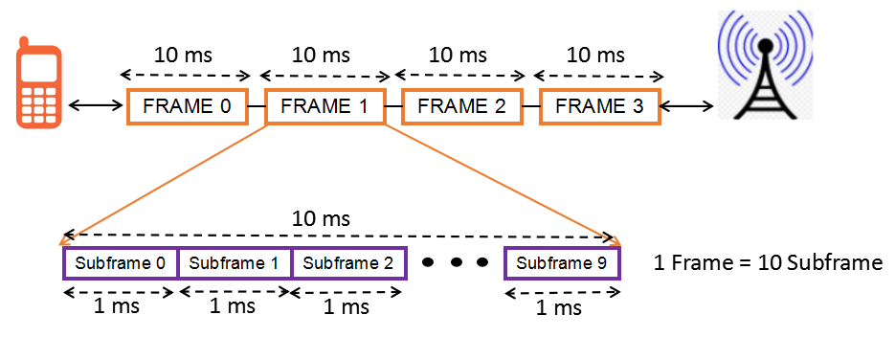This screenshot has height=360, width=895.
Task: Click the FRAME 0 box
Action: [188, 106]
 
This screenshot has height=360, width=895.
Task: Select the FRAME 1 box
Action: [324, 106]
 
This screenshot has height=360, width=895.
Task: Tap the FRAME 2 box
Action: [461, 106]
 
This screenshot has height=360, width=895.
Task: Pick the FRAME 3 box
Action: [599, 106]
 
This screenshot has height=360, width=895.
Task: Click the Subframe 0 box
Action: [121, 262]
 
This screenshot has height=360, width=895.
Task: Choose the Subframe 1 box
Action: [235, 262]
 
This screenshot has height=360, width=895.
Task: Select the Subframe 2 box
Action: [348, 262]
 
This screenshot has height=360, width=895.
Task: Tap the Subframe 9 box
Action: [562, 262]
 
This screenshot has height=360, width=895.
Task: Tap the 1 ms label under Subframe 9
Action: [558, 307]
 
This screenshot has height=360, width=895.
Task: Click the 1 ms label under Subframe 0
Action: [118, 305]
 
